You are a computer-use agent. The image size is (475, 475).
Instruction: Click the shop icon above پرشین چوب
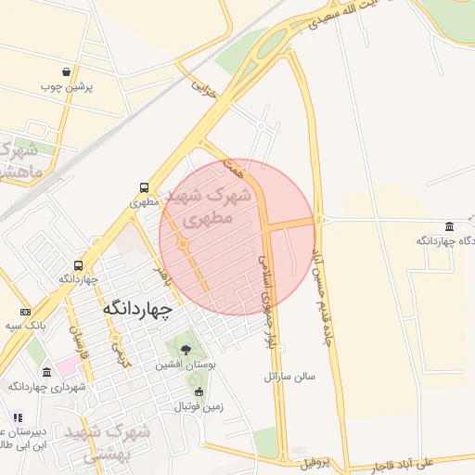tap(65, 71)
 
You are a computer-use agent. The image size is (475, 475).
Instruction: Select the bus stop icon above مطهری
tap(143, 186)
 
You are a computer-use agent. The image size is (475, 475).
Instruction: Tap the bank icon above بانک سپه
tap(24, 312)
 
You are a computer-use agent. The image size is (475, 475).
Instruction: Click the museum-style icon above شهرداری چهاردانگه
tap(46, 372)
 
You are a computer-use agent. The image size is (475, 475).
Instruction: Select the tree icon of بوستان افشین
tap(186, 351)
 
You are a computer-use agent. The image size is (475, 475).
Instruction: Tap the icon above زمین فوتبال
tap(198, 392)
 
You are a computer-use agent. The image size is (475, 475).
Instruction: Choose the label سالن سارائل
tap(289, 377)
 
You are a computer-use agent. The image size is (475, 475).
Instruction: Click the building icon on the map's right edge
tap(450, 226)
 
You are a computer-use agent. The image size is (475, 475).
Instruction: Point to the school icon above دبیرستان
tap(17, 417)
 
